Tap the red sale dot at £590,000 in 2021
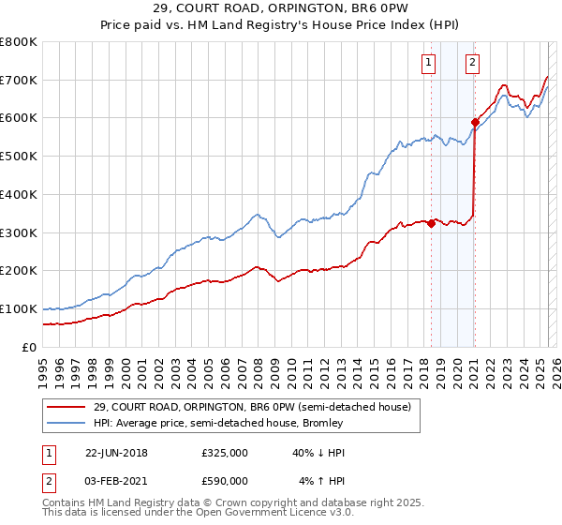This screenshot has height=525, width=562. click(x=475, y=121)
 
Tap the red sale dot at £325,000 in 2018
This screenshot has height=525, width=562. click(x=432, y=223)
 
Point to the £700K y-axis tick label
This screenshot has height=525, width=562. click(x=19, y=80)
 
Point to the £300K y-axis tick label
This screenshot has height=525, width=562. click(x=19, y=232)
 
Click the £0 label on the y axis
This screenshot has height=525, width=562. click(x=30, y=347)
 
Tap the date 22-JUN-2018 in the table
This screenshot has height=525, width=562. click(x=116, y=453)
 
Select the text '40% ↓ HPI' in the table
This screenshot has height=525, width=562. click(x=306, y=453)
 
